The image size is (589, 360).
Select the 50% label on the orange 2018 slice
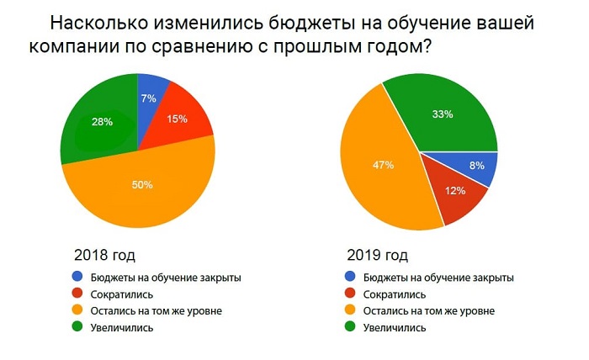coord(141,184)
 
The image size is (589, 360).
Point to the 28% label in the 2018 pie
coord(101,122)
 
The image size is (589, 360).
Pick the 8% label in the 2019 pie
coord(476,166)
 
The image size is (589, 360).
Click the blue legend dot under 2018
coord(78,277)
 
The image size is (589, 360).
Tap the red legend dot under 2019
coord(350,294)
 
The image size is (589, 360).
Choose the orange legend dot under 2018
coord(78,311)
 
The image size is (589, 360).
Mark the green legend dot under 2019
coord(350,328)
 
